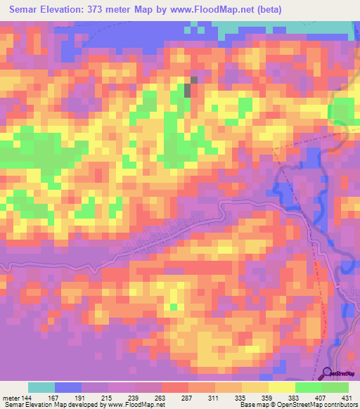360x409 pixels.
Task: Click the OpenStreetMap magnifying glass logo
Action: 328,372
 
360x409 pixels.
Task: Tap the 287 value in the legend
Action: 188,398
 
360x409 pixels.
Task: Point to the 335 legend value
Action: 241,398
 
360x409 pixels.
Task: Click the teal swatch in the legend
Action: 41,388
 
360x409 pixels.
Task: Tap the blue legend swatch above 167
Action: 68,388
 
